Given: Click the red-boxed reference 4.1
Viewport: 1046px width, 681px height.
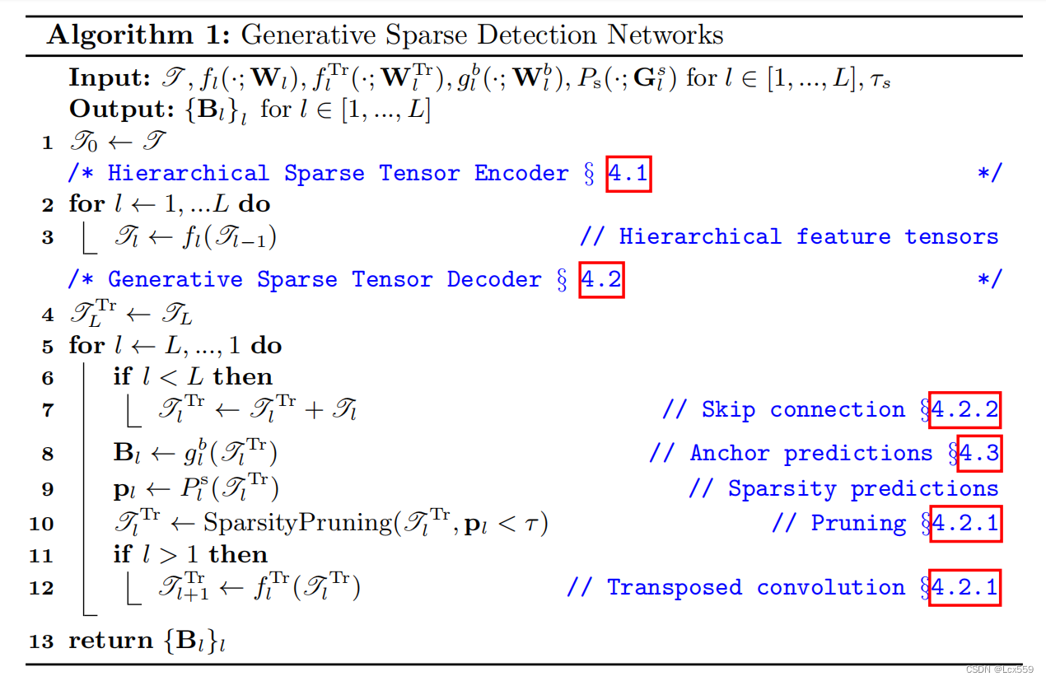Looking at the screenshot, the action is point(628,173).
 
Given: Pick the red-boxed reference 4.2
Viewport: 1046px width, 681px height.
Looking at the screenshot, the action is point(601,279).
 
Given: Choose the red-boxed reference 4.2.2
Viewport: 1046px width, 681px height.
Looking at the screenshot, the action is point(964,410).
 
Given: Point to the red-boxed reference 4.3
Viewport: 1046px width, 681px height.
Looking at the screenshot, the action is point(979,453).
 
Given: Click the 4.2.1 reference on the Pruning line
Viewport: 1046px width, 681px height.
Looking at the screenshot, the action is point(964,523).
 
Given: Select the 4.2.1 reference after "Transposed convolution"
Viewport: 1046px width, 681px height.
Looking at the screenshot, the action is point(964,587).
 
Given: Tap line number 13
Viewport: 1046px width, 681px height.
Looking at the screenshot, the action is point(40,641).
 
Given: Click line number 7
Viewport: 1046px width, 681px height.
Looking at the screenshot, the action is point(47,410).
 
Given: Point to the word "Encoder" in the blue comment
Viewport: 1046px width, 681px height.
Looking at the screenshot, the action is point(521,173).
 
